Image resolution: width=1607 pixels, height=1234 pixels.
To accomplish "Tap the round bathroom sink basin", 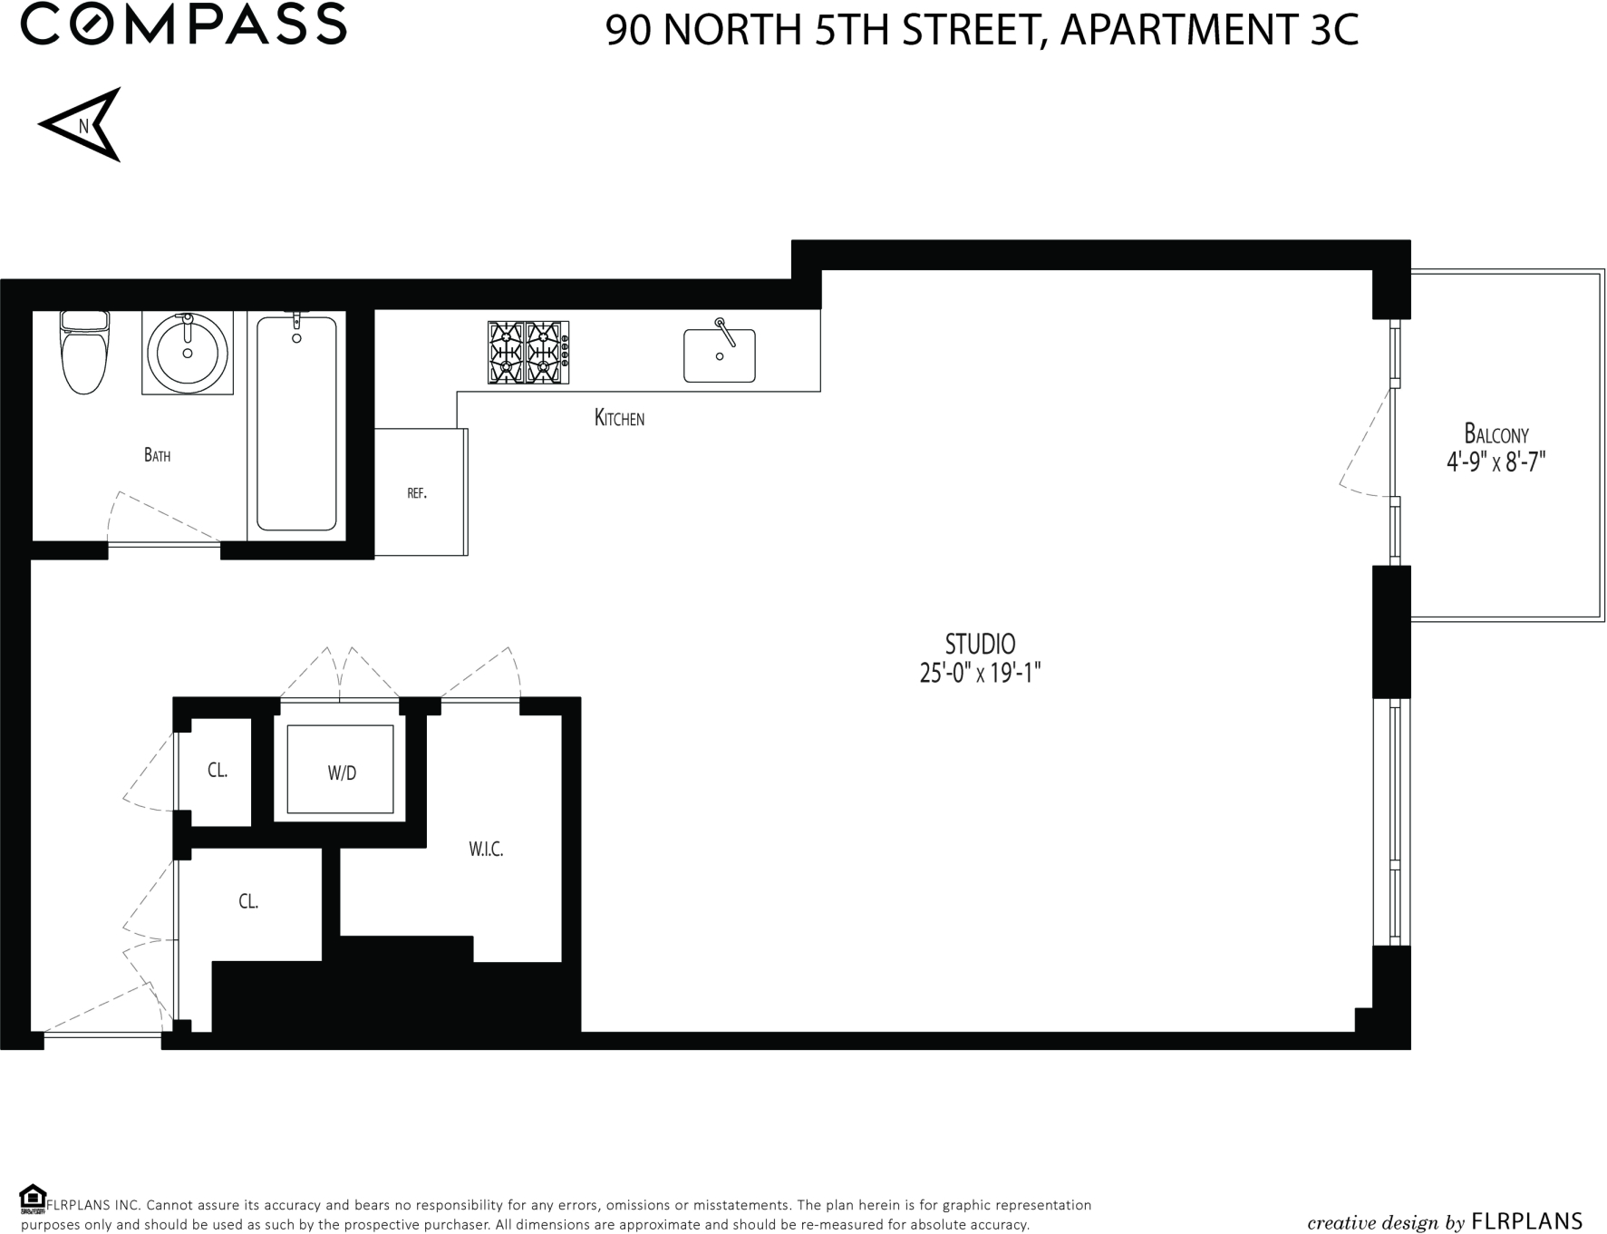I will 188,352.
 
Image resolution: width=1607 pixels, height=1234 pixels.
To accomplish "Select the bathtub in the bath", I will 296,423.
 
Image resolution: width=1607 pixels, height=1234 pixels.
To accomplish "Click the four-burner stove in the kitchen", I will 528,352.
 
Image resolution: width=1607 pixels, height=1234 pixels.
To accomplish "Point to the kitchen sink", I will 720,355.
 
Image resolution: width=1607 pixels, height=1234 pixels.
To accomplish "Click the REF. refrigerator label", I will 417,494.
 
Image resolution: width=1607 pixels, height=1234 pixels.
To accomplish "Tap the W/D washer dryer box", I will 341,771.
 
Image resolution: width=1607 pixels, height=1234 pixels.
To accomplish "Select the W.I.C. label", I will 486,850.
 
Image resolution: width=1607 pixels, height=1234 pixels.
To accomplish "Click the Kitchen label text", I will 619,418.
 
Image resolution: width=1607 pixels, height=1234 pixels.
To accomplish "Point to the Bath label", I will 157,455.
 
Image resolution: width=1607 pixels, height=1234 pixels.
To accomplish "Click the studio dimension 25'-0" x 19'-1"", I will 980,674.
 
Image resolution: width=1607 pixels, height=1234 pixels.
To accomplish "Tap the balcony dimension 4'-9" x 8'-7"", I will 1496,462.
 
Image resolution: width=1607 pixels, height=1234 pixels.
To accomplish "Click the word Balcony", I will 1496,434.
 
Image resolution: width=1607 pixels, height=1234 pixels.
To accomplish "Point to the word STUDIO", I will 980,644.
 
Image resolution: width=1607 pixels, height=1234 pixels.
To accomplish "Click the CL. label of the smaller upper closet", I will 218,771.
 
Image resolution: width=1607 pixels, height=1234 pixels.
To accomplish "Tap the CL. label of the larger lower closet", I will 248,901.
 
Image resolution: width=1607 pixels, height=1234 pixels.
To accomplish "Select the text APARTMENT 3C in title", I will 1209,30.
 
